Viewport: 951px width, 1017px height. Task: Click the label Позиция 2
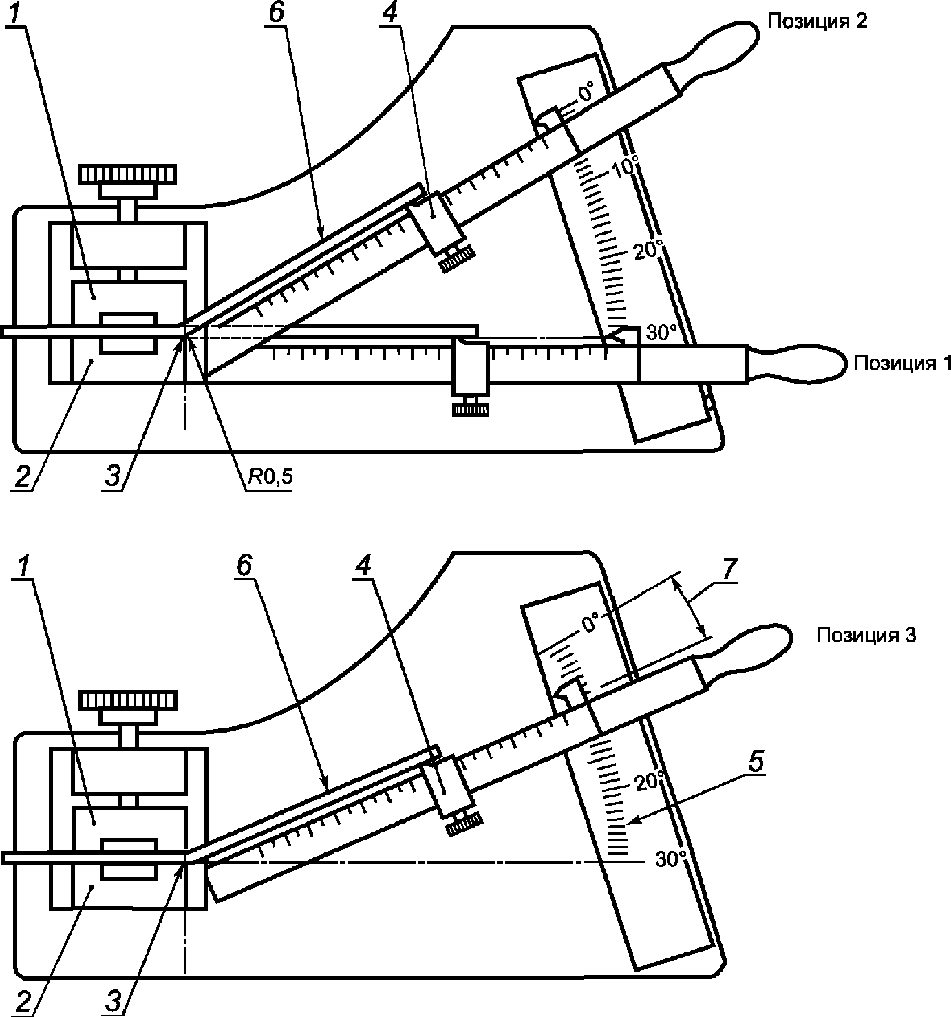818,21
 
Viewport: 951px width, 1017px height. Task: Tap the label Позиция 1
902,363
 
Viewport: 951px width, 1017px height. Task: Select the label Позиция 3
866,636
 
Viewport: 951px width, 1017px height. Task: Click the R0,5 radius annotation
270,477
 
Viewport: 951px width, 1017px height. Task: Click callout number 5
756,762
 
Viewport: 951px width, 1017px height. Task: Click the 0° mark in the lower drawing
590,625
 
